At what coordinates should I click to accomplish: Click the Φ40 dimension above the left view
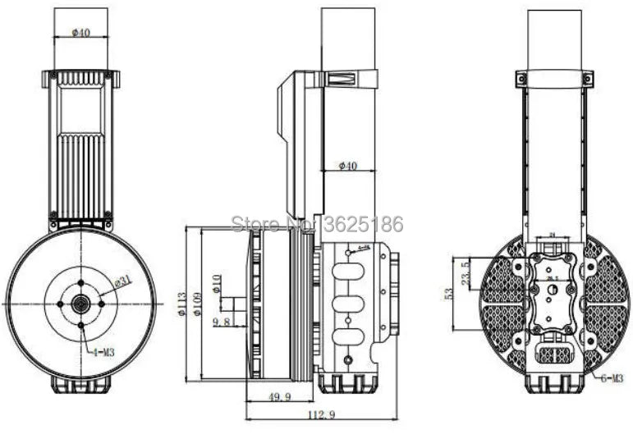[80, 33]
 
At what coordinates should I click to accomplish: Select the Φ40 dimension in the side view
[348, 167]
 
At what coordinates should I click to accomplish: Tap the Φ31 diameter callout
[122, 281]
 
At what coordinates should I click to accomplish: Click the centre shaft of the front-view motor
[80, 304]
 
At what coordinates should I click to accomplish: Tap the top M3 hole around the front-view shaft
[80, 283]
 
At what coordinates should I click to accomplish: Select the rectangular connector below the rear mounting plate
[554, 354]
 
